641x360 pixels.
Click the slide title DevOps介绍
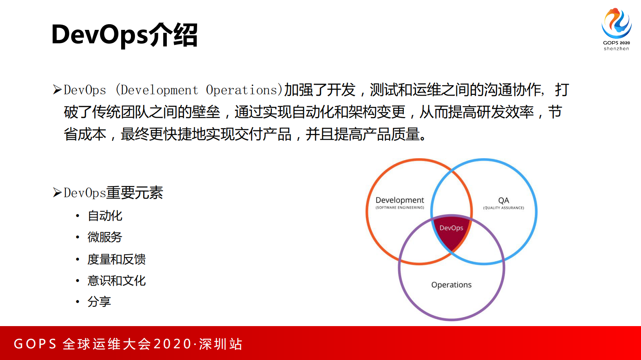coord(124,35)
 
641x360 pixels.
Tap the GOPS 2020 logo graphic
coord(616,23)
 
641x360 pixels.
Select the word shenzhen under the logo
coord(616,49)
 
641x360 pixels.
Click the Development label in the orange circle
coord(399,200)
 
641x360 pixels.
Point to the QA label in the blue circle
coord(503,200)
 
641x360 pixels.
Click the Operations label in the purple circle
coord(451,285)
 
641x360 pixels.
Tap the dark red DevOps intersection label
coord(451,228)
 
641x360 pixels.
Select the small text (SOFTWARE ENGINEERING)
coord(399,208)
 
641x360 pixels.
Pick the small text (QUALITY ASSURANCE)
coord(503,208)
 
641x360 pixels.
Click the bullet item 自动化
coord(105,216)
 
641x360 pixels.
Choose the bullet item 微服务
coord(105,237)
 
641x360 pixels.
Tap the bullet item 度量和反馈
coord(116,259)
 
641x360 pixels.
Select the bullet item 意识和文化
coord(116,280)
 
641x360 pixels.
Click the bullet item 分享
coord(99,301)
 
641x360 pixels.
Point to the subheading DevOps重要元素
coord(113,193)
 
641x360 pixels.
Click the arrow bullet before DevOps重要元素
coord(57,193)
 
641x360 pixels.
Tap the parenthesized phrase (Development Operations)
coord(199,90)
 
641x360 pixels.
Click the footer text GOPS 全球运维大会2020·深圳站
coord(128,344)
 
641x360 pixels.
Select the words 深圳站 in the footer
coord(221,344)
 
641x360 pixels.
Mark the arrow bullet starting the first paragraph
coord(57,90)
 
